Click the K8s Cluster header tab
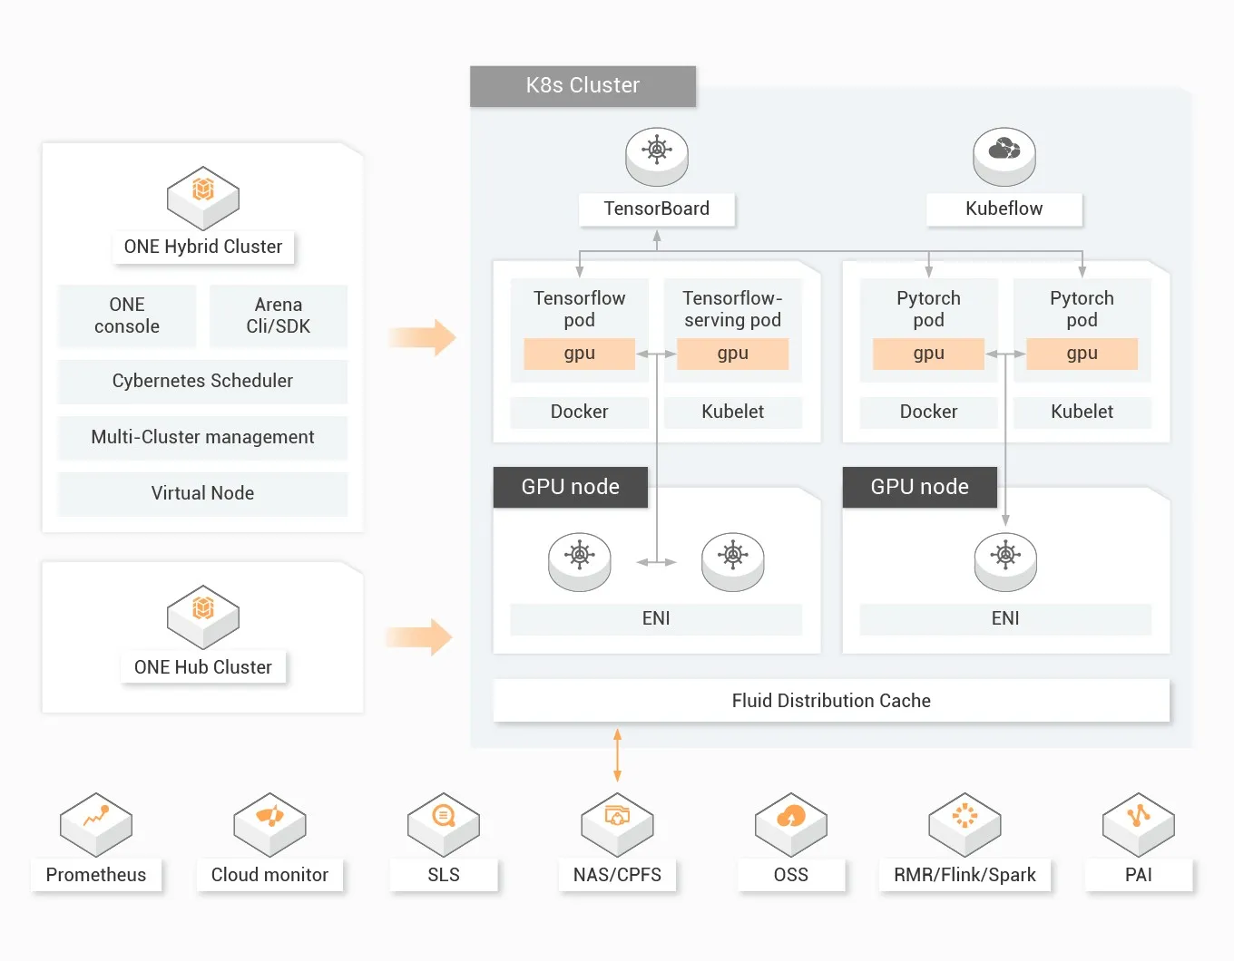pos(583,86)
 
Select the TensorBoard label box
pos(657,209)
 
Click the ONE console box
pos(127,315)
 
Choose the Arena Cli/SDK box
pos(279,315)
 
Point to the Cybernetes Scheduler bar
pos(202,382)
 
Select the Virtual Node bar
pos(202,494)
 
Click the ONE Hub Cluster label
pos(203,668)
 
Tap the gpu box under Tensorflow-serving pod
pos(732,354)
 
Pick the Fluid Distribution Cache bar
pos(831,701)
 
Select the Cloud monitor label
pos(269,876)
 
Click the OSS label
pos(790,876)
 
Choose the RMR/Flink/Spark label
pos(965,876)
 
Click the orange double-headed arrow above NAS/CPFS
pos(617,755)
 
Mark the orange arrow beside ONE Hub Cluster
pos(419,637)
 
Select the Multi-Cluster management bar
pos(202,438)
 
